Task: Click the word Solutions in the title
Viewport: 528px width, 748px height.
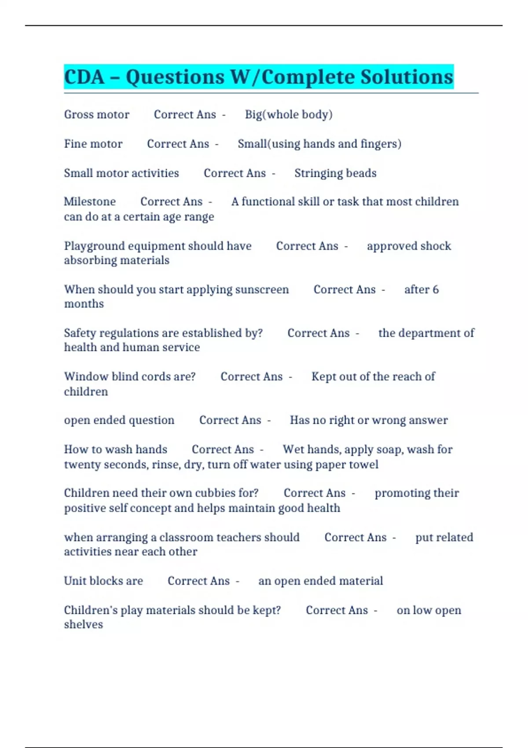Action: [x=407, y=77]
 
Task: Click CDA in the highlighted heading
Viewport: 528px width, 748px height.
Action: [x=84, y=77]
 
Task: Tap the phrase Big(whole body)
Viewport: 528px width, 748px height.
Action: [x=289, y=114]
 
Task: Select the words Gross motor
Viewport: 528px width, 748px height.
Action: [x=97, y=114]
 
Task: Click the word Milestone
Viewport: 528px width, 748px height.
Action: [x=90, y=202]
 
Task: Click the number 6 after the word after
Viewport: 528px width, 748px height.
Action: [x=436, y=290]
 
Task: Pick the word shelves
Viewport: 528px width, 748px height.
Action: [x=84, y=625]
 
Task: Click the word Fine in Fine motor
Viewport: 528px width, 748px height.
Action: [x=74, y=144]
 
